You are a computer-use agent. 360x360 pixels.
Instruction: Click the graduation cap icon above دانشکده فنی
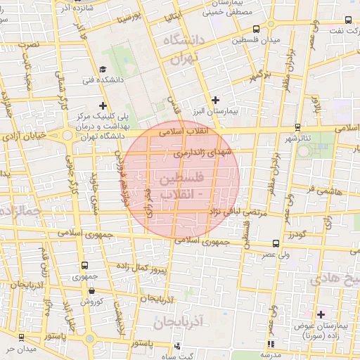(x=103, y=69)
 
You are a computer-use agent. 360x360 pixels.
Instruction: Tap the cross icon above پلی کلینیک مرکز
(x=103, y=105)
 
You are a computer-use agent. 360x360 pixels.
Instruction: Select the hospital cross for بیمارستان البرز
(x=215, y=100)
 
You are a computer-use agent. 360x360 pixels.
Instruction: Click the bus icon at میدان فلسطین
(x=255, y=30)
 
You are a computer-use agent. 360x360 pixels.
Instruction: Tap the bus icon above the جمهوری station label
(x=84, y=266)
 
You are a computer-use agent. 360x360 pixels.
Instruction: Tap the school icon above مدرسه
(x=270, y=344)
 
